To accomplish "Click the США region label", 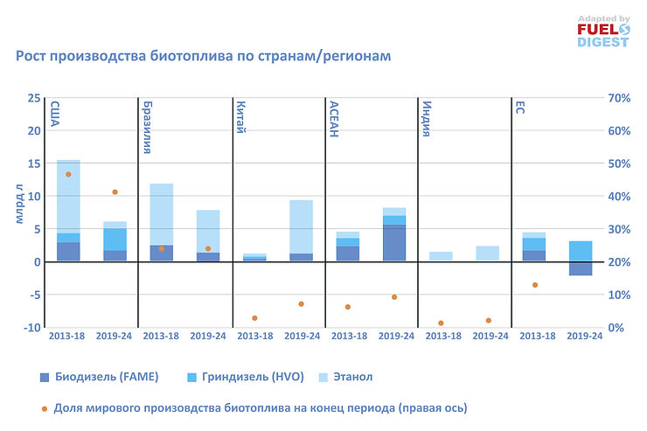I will click(54, 115).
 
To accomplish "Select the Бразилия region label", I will click(147, 128).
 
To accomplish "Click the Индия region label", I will click(427, 116).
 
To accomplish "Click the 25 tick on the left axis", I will click(33, 98).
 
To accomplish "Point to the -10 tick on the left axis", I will click(31, 327).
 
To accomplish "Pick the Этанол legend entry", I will click(351, 377).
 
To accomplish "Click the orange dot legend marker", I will click(45, 407).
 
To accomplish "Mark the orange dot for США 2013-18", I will click(68, 174).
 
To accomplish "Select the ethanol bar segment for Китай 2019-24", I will click(301, 226).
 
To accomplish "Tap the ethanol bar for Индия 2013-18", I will click(441, 256).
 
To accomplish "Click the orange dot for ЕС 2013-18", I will click(534, 285).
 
